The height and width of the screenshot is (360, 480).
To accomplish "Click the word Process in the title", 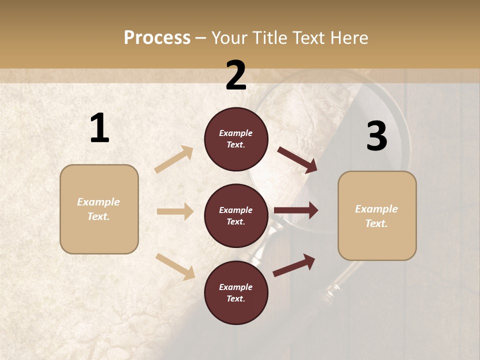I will [157, 37].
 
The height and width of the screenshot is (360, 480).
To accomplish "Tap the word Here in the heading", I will [348, 37].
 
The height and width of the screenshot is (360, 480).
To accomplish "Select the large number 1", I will [99, 128].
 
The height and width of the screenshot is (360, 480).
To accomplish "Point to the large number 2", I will [236, 75].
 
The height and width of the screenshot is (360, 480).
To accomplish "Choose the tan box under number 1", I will [99, 209].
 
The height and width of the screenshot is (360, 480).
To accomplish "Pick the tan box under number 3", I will [377, 215].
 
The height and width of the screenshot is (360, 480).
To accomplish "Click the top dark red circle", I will [236, 139].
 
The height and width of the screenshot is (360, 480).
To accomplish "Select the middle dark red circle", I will [236, 216].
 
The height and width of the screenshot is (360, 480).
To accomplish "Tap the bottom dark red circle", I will [236, 293].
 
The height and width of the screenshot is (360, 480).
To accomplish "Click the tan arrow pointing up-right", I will [174, 159].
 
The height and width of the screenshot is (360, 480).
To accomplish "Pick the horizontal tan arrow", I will [175, 211].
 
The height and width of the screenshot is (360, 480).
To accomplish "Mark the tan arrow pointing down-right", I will [175, 266].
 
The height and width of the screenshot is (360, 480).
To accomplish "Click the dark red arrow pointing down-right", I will [297, 159].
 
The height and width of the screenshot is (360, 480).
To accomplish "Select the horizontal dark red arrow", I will [296, 210].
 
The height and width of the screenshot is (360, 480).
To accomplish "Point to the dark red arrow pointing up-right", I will [294, 265].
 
